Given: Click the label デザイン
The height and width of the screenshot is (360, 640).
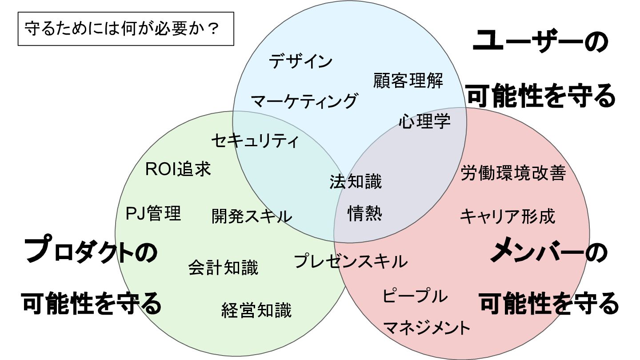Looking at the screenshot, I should [x=301, y=61].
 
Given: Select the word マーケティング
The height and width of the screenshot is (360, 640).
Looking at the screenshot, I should [x=304, y=101].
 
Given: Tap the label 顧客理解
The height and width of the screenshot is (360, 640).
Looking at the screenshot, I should [x=408, y=81].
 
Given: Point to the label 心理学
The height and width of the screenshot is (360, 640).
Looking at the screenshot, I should [x=424, y=121].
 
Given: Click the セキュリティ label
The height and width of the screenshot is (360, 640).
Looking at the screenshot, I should [x=255, y=141].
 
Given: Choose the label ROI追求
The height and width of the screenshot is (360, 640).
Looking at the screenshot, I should [x=178, y=169].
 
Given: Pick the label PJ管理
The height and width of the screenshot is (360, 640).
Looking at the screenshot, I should [x=154, y=213].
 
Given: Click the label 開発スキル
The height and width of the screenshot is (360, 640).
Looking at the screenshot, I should [x=252, y=216].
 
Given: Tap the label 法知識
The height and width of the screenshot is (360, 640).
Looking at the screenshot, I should [x=356, y=181].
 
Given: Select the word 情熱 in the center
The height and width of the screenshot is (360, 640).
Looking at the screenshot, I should [x=364, y=214].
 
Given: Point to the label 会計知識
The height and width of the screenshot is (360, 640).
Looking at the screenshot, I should [x=223, y=268].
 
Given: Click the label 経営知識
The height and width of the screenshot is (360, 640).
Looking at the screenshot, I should [x=256, y=310].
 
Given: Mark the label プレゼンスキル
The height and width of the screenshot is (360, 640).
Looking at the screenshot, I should [x=351, y=261].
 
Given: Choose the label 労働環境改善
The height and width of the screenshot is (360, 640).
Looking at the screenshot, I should [x=513, y=173].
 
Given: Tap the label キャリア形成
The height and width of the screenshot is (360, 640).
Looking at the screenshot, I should [x=508, y=216].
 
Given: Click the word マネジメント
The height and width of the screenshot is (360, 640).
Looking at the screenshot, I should [x=426, y=328].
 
